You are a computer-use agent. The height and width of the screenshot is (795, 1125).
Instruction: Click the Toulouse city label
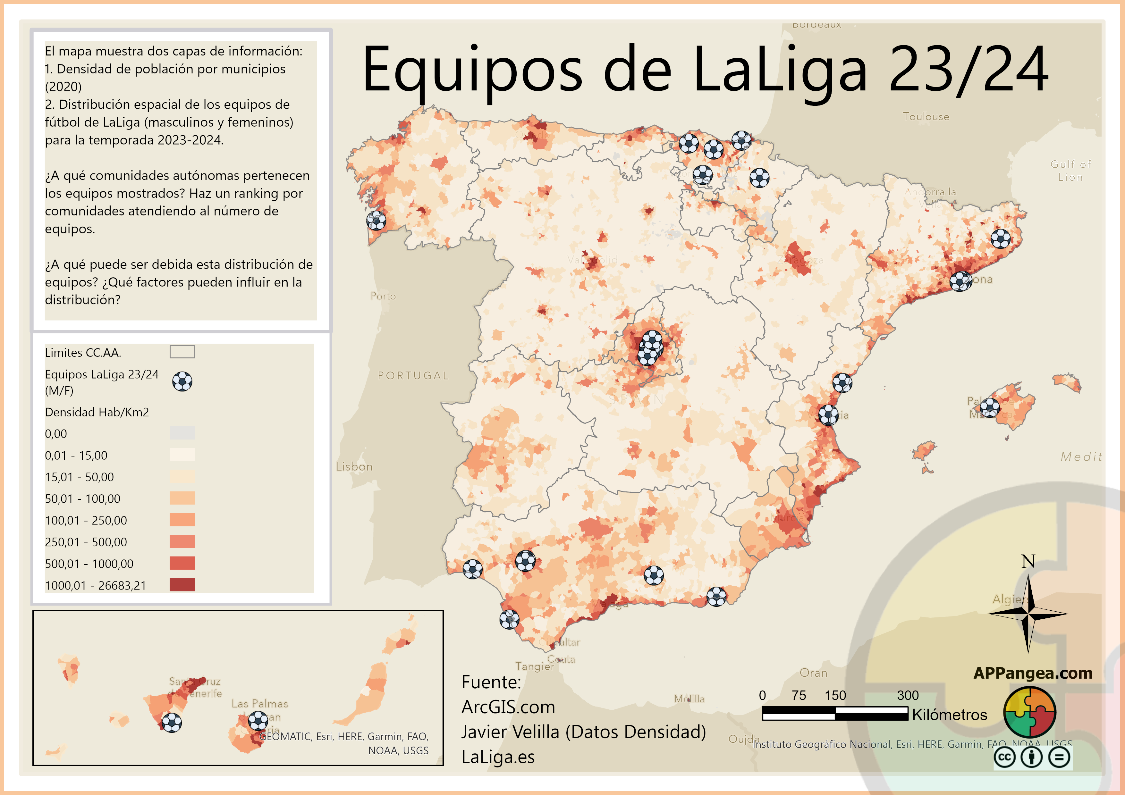coord(926,117)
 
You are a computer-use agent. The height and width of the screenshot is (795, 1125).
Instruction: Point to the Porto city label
coord(383,296)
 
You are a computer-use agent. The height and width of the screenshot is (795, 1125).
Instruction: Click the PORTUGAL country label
coord(413,376)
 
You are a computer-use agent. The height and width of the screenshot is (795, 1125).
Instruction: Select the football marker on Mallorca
coord(989,407)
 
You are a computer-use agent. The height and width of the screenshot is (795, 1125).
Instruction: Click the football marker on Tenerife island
coord(172,723)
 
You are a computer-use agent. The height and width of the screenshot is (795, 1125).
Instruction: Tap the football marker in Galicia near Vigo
coord(376,221)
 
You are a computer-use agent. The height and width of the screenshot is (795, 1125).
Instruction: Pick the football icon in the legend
coord(182,381)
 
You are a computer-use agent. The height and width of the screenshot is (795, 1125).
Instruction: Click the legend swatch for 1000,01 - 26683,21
coord(182,585)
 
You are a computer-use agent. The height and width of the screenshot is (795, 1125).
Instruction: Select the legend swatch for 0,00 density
coord(182,433)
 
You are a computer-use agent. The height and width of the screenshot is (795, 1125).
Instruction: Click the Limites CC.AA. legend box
coord(182,352)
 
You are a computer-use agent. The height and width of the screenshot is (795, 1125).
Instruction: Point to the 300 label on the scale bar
coord(908,695)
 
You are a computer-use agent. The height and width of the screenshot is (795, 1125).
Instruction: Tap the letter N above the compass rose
coord(1028,561)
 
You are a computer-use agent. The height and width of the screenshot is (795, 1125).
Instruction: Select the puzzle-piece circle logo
coord(1029,712)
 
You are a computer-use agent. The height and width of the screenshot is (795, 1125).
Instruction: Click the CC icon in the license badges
coord(1004,757)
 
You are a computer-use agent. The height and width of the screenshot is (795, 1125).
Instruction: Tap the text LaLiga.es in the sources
coord(498,757)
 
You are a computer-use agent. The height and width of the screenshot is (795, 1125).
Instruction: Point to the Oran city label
coord(813,673)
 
